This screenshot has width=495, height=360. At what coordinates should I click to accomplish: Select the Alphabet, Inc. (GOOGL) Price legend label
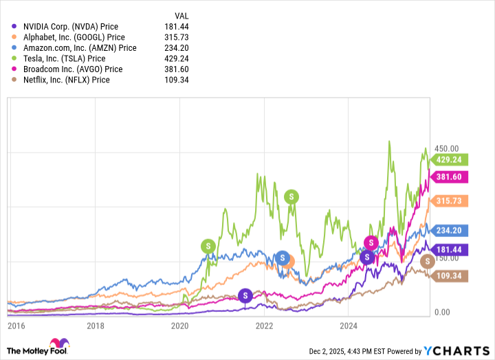[x=68, y=37]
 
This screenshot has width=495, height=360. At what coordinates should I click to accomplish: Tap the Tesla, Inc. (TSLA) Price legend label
[x=58, y=58]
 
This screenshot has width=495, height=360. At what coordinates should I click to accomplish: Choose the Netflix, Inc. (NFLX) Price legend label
[x=62, y=80]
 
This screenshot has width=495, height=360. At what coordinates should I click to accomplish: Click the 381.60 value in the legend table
[x=175, y=69]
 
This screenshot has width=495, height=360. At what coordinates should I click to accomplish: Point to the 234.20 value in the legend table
[x=175, y=48]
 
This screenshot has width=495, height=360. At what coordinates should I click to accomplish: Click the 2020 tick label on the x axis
[x=180, y=326]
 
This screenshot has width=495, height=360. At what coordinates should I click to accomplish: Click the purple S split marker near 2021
[x=245, y=295]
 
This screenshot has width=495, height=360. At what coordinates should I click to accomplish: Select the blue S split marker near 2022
[x=282, y=258]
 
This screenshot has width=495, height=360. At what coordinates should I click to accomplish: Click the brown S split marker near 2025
[x=427, y=260]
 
